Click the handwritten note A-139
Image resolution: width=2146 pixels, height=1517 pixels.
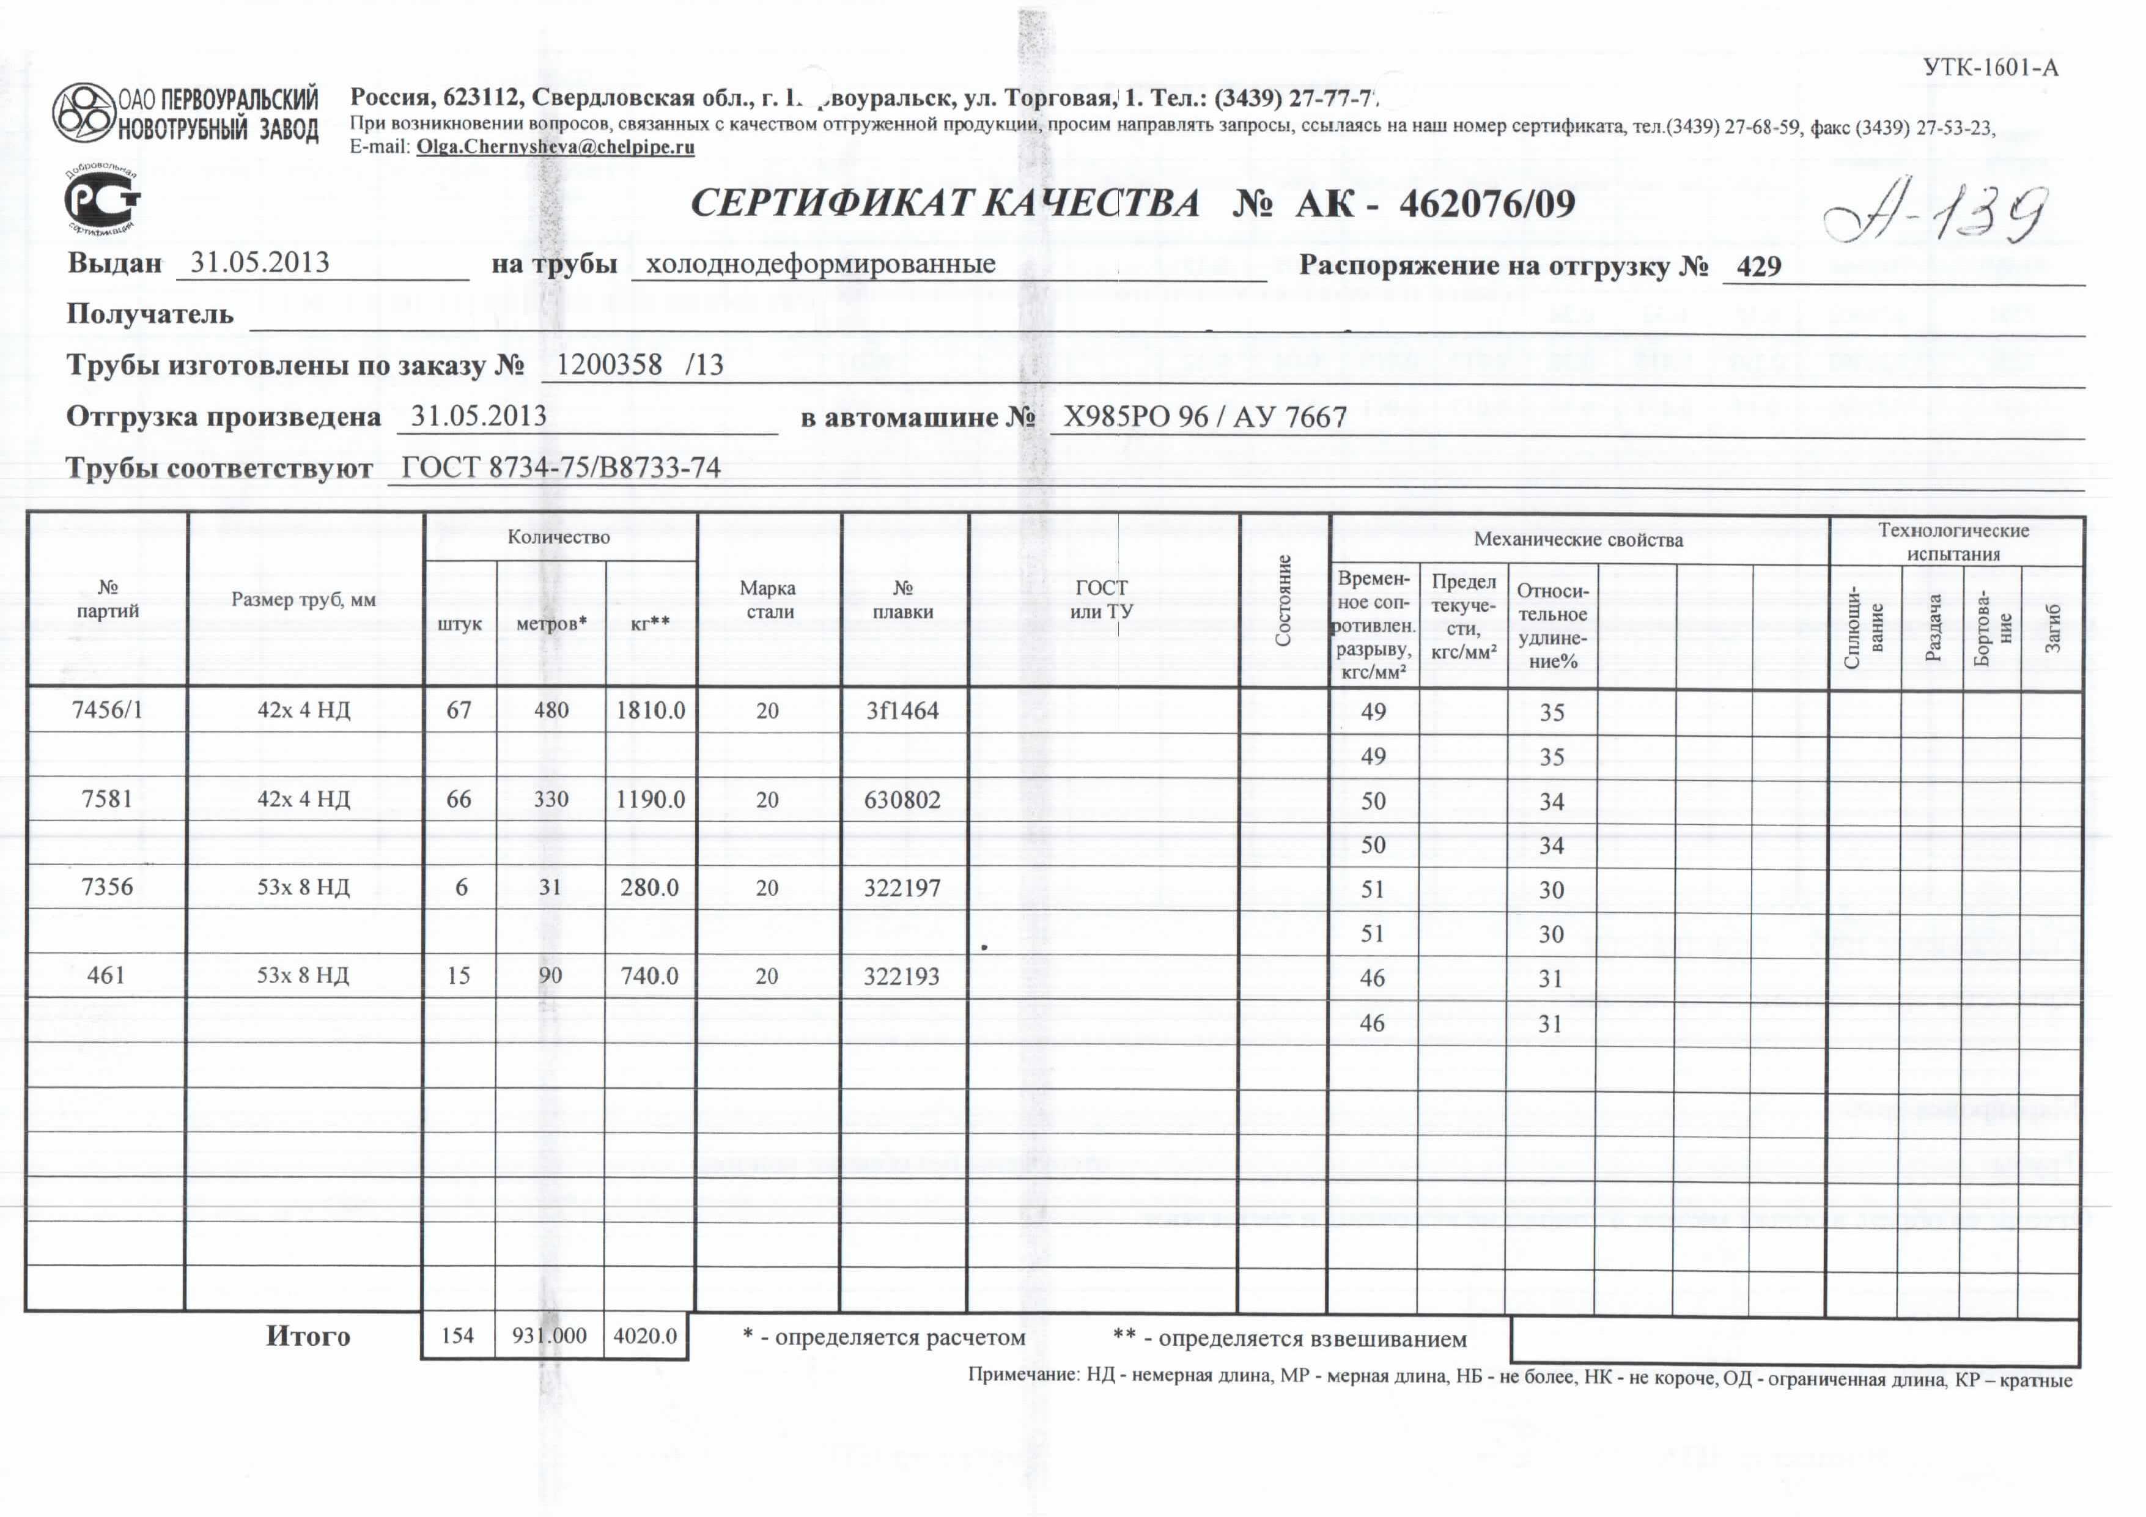(x=1935, y=213)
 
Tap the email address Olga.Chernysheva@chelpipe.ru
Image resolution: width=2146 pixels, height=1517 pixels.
(x=555, y=147)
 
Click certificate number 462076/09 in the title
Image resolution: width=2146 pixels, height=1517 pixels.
(x=1486, y=204)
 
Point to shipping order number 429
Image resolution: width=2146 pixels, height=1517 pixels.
(x=1758, y=267)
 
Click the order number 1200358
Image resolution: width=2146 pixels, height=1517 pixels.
(x=610, y=364)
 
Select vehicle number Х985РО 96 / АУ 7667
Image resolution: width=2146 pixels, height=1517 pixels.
(x=1205, y=417)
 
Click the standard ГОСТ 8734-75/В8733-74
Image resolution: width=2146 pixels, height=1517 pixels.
(x=561, y=467)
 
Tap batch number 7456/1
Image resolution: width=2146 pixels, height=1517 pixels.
(x=108, y=711)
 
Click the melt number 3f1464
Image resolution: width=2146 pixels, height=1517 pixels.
(x=902, y=711)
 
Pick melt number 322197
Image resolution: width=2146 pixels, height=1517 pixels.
(x=902, y=888)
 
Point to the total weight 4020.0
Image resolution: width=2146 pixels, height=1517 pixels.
(x=645, y=1335)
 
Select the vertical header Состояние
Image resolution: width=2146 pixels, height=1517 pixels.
(x=1283, y=600)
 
